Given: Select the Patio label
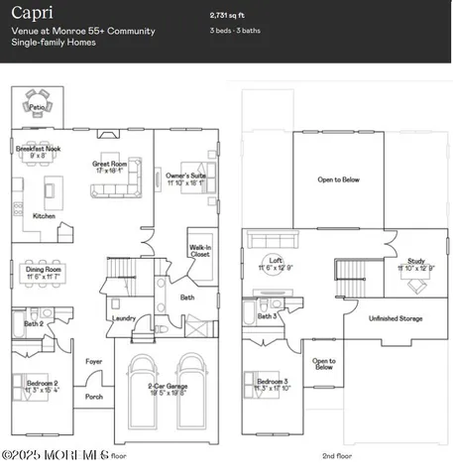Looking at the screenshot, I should (38, 107).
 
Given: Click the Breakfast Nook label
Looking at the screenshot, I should (39, 149).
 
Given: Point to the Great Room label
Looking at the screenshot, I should (109, 164).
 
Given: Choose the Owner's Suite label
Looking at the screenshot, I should (185, 176).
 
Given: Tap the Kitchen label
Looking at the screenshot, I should (45, 215).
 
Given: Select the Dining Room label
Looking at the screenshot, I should (44, 270).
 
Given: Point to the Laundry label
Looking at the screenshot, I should (124, 318).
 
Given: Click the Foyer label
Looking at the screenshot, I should (94, 361).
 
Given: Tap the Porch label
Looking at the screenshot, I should (94, 397).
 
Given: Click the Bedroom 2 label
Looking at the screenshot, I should (42, 382).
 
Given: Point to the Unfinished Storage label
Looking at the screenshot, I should (396, 318).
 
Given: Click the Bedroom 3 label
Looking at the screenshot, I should (273, 382).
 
